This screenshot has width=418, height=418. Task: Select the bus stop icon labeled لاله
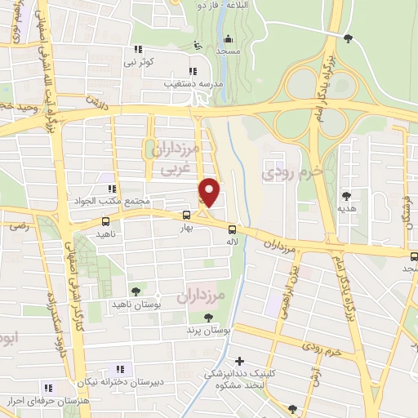coord(232,229)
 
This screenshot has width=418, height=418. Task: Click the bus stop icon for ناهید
coord(105,220)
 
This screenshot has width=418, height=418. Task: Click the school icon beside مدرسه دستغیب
coord(193,70)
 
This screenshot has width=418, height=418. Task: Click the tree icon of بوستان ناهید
coord(136,290)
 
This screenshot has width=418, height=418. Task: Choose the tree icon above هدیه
coord(347,195)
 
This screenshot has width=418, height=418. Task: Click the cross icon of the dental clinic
coord(239,361)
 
